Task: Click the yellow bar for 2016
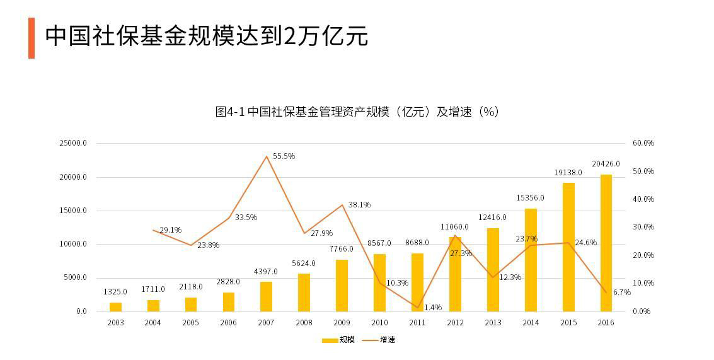point(606,243)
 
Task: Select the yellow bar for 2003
point(115,307)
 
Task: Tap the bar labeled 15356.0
point(531,260)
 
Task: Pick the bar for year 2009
point(342,286)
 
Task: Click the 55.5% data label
point(284,156)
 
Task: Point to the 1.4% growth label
point(432,307)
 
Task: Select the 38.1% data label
point(359,204)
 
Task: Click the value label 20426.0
point(606,163)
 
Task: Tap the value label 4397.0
point(266,271)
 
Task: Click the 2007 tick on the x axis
point(266,322)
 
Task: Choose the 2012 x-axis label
point(455,322)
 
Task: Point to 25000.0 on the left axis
point(73,144)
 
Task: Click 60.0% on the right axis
point(643,143)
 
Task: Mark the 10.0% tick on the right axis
point(643,283)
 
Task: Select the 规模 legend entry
point(339,340)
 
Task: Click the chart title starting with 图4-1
point(357,112)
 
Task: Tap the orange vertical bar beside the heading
point(32,38)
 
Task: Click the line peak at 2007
point(266,156)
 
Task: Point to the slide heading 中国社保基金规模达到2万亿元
point(206,36)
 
